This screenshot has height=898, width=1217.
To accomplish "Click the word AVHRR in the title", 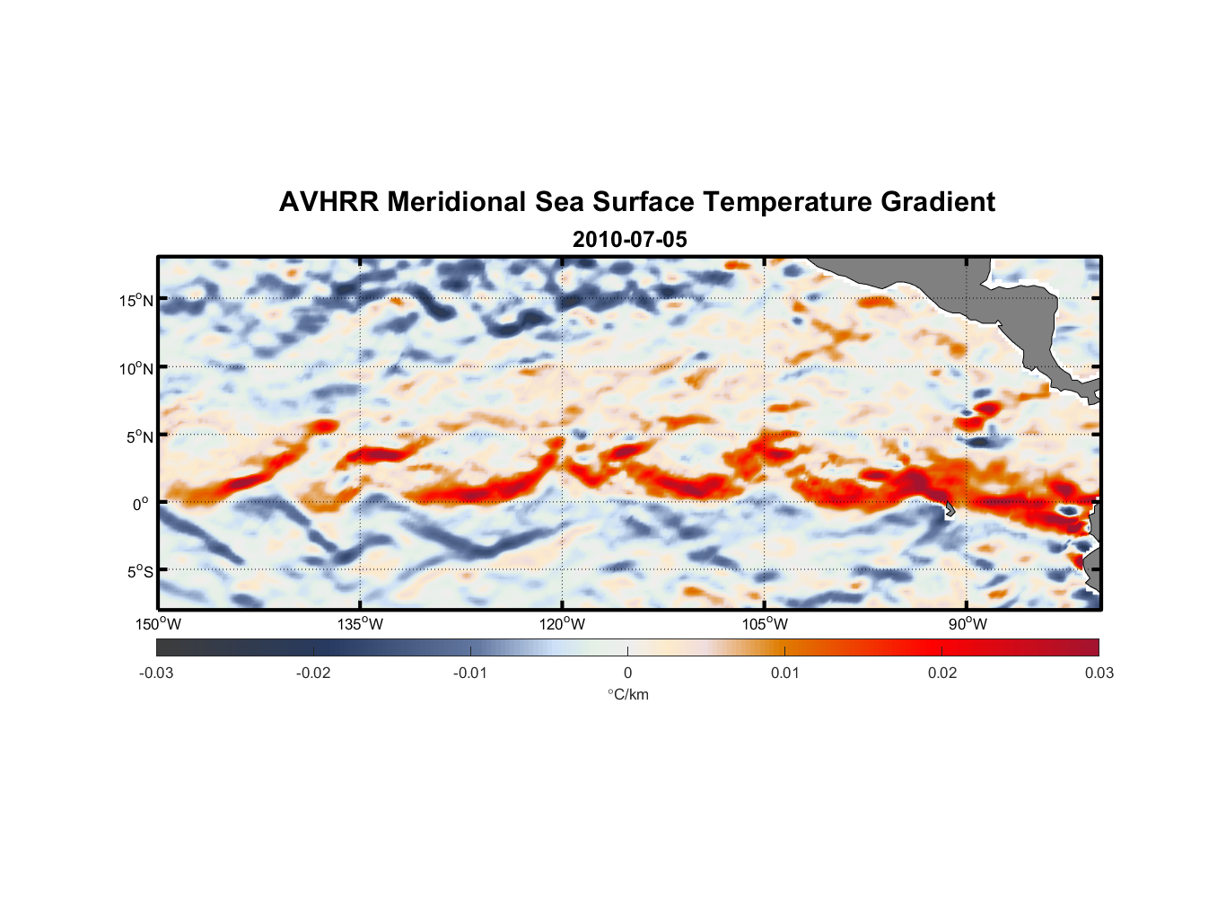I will (x=328, y=202).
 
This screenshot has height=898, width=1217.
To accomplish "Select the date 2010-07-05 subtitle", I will (x=629, y=240).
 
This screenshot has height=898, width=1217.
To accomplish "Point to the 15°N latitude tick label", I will (x=136, y=300).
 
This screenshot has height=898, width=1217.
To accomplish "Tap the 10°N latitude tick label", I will (x=136, y=368).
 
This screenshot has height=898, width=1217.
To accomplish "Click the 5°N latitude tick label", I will (x=139, y=436).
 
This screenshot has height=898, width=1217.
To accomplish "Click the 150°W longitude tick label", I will (x=158, y=624).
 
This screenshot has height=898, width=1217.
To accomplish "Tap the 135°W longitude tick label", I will (x=360, y=624).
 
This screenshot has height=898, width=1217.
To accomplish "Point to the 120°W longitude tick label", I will (x=562, y=624).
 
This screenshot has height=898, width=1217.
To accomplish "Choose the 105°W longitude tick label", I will (x=765, y=624).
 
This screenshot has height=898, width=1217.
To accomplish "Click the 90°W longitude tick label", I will (x=967, y=624).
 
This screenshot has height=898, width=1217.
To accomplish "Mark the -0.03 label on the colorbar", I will (x=156, y=673).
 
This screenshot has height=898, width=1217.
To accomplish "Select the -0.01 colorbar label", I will (x=470, y=673).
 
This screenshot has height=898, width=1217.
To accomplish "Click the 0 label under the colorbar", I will (x=627, y=673).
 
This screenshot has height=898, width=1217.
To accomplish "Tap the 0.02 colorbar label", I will (x=942, y=673).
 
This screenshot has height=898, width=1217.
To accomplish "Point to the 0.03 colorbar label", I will (x=1099, y=673).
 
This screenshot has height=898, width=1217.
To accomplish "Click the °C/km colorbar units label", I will (x=628, y=694).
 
